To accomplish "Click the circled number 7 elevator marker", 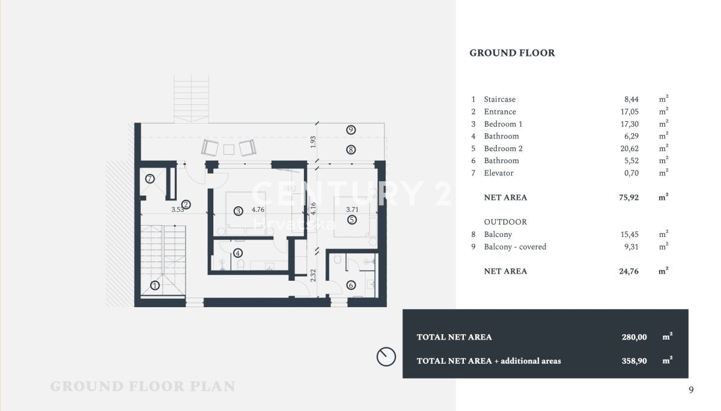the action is (x=150, y=179).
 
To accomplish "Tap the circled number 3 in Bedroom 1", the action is (x=238, y=211).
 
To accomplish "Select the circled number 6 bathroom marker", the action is (x=351, y=285).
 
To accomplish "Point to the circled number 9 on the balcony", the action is (x=351, y=130).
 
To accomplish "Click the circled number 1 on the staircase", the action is (x=155, y=286).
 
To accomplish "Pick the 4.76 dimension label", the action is (x=258, y=209).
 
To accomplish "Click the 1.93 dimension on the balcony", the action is (x=313, y=142).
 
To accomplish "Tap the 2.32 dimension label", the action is (x=313, y=275).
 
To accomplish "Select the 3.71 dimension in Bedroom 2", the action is (x=352, y=209).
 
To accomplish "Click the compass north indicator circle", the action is (x=386, y=356).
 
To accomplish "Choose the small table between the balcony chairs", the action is (x=229, y=150).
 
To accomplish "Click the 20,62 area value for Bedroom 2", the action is (x=629, y=148).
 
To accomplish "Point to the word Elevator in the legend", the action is (x=499, y=173).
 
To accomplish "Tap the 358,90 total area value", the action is (x=634, y=361).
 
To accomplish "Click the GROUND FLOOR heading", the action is (x=512, y=53).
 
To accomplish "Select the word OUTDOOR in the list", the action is (x=505, y=222).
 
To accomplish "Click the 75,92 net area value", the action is (x=628, y=197).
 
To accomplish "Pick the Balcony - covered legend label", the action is (x=515, y=247).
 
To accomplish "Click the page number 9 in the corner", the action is (x=691, y=390).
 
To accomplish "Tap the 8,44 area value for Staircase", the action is (x=631, y=99).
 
